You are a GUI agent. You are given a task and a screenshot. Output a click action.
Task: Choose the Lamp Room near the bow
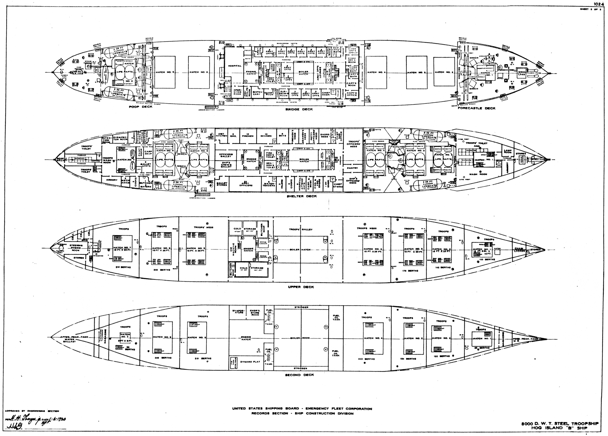pyautogui.click(x=507, y=151)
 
